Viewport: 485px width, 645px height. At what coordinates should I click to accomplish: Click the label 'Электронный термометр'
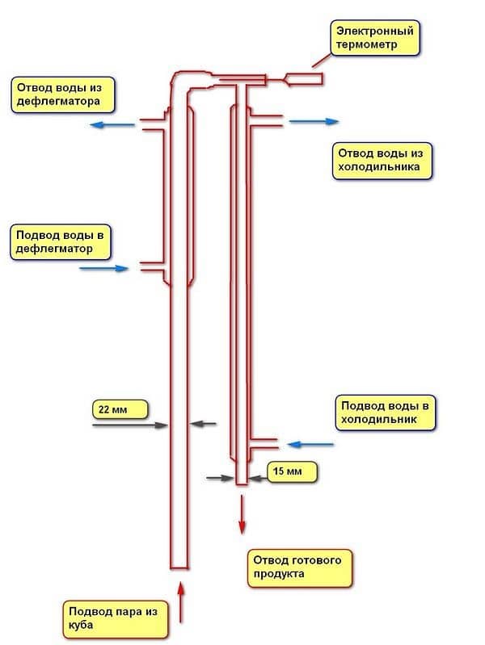click(x=377, y=38)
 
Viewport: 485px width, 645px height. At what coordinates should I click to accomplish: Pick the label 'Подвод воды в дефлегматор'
click(x=61, y=241)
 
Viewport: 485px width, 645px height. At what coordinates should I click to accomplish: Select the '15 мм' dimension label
click(x=292, y=470)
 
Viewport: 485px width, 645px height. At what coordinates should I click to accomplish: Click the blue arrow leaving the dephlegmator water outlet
click(x=112, y=124)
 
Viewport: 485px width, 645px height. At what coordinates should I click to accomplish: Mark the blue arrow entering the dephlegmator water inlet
click(x=104, y=268)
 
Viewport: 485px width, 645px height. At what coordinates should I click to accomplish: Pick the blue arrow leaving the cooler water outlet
click(x=314, y=121)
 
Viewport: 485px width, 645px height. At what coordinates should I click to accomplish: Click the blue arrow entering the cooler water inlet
click(x=311, y=444)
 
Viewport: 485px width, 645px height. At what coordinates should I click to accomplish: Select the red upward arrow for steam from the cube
click(x=180, y=599)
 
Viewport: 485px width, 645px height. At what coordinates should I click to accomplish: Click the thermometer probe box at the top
click(x=303, y=79)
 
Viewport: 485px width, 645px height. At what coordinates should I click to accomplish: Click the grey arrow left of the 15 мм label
click(x=220, y=478)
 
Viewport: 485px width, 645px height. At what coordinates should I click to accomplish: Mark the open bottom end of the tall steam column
click(x=179, y=565)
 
